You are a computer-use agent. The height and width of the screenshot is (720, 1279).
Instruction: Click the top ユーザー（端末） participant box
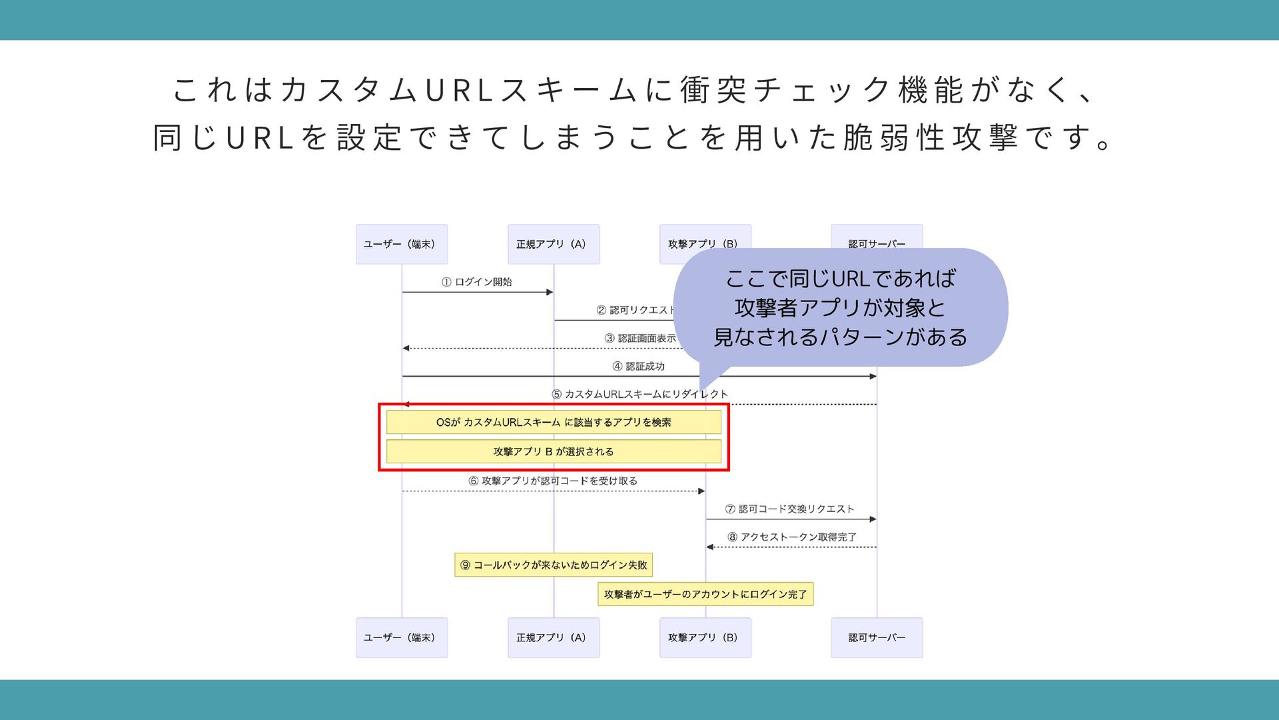coord(401,244)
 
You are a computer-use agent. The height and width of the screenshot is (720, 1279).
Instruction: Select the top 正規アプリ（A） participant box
coord(553,244)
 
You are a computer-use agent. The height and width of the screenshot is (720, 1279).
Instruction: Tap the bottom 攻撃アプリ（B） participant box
coord(705,637)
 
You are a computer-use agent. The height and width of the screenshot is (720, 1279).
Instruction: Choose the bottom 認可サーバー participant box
coord(877,637)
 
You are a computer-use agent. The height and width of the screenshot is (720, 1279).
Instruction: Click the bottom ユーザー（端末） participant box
coord(401,637)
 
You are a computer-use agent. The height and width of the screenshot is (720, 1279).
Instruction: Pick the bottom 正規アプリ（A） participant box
coord(553,637)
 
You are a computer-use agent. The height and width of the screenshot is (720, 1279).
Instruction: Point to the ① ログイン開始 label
coord(477,282)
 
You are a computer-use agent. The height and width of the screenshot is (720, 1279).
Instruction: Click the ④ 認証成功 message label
coord(638,366)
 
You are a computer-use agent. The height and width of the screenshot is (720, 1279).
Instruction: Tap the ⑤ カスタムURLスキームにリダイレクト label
coord(639,394)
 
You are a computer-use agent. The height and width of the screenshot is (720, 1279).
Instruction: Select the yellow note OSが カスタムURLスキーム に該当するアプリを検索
coord(554,422)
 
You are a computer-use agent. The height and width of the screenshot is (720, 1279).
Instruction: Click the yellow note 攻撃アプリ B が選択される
coord(554,451)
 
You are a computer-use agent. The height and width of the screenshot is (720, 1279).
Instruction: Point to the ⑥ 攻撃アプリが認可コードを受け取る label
coord(553,481)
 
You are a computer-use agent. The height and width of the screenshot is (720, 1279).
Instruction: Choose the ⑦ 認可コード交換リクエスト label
coord(790,509)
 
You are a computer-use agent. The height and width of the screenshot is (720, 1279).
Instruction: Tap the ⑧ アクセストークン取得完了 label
coord(791,537)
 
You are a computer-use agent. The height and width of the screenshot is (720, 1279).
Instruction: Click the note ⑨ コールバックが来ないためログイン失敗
coord(554,565)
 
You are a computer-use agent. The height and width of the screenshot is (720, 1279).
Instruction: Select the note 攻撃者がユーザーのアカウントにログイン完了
coord(705,594)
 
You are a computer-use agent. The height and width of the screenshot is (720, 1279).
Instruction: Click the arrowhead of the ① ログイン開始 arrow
coord(550,292)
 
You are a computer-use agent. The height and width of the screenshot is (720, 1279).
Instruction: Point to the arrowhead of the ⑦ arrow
coord(873,519)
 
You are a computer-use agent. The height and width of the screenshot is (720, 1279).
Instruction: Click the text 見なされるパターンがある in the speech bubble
coord(841,337)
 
